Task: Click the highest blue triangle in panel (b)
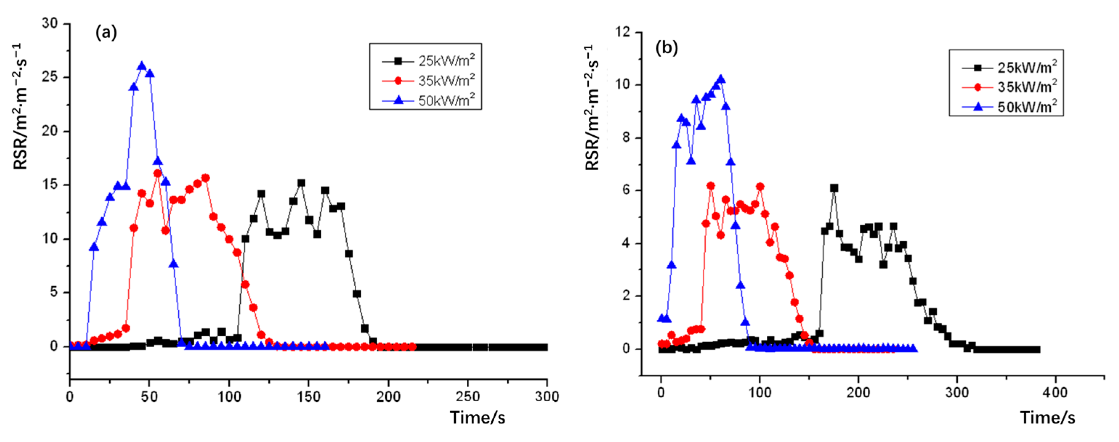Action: tap(721, 79)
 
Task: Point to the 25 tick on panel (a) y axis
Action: tap(50, 77)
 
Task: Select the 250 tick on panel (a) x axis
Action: tap(468, 396)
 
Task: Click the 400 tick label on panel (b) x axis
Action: tap(1055, 393)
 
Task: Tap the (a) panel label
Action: tap(106, 33)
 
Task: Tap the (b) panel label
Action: tap(666, 48)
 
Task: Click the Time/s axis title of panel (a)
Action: tap(477, 418)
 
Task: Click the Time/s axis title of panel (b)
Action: tap(1047, 418)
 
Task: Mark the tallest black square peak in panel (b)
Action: tap(834, 188)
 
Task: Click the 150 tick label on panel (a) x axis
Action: tap(308, 396)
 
